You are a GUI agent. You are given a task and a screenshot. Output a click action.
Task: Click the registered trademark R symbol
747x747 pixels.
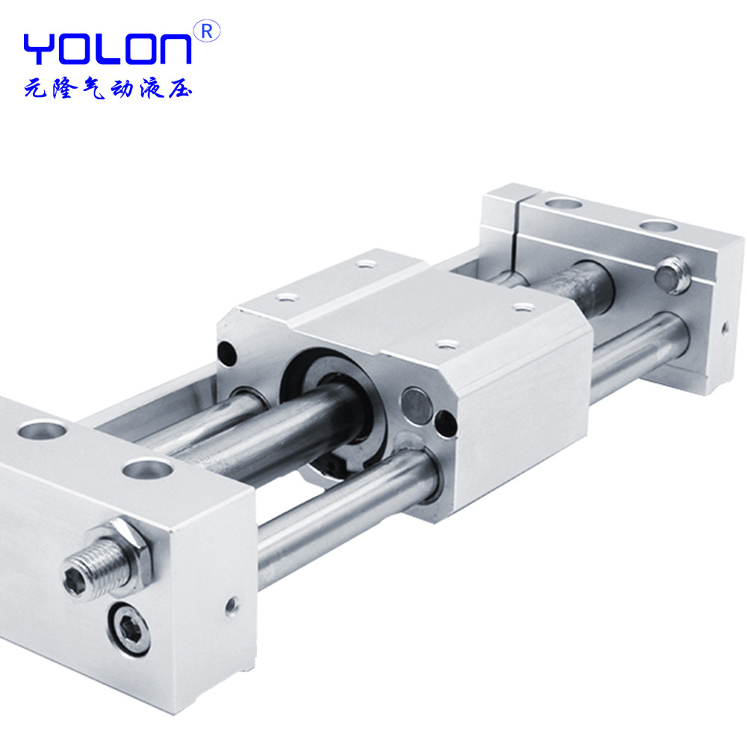pos(207,31)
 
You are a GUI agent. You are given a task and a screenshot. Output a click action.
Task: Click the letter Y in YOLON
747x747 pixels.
pos(40,49)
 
